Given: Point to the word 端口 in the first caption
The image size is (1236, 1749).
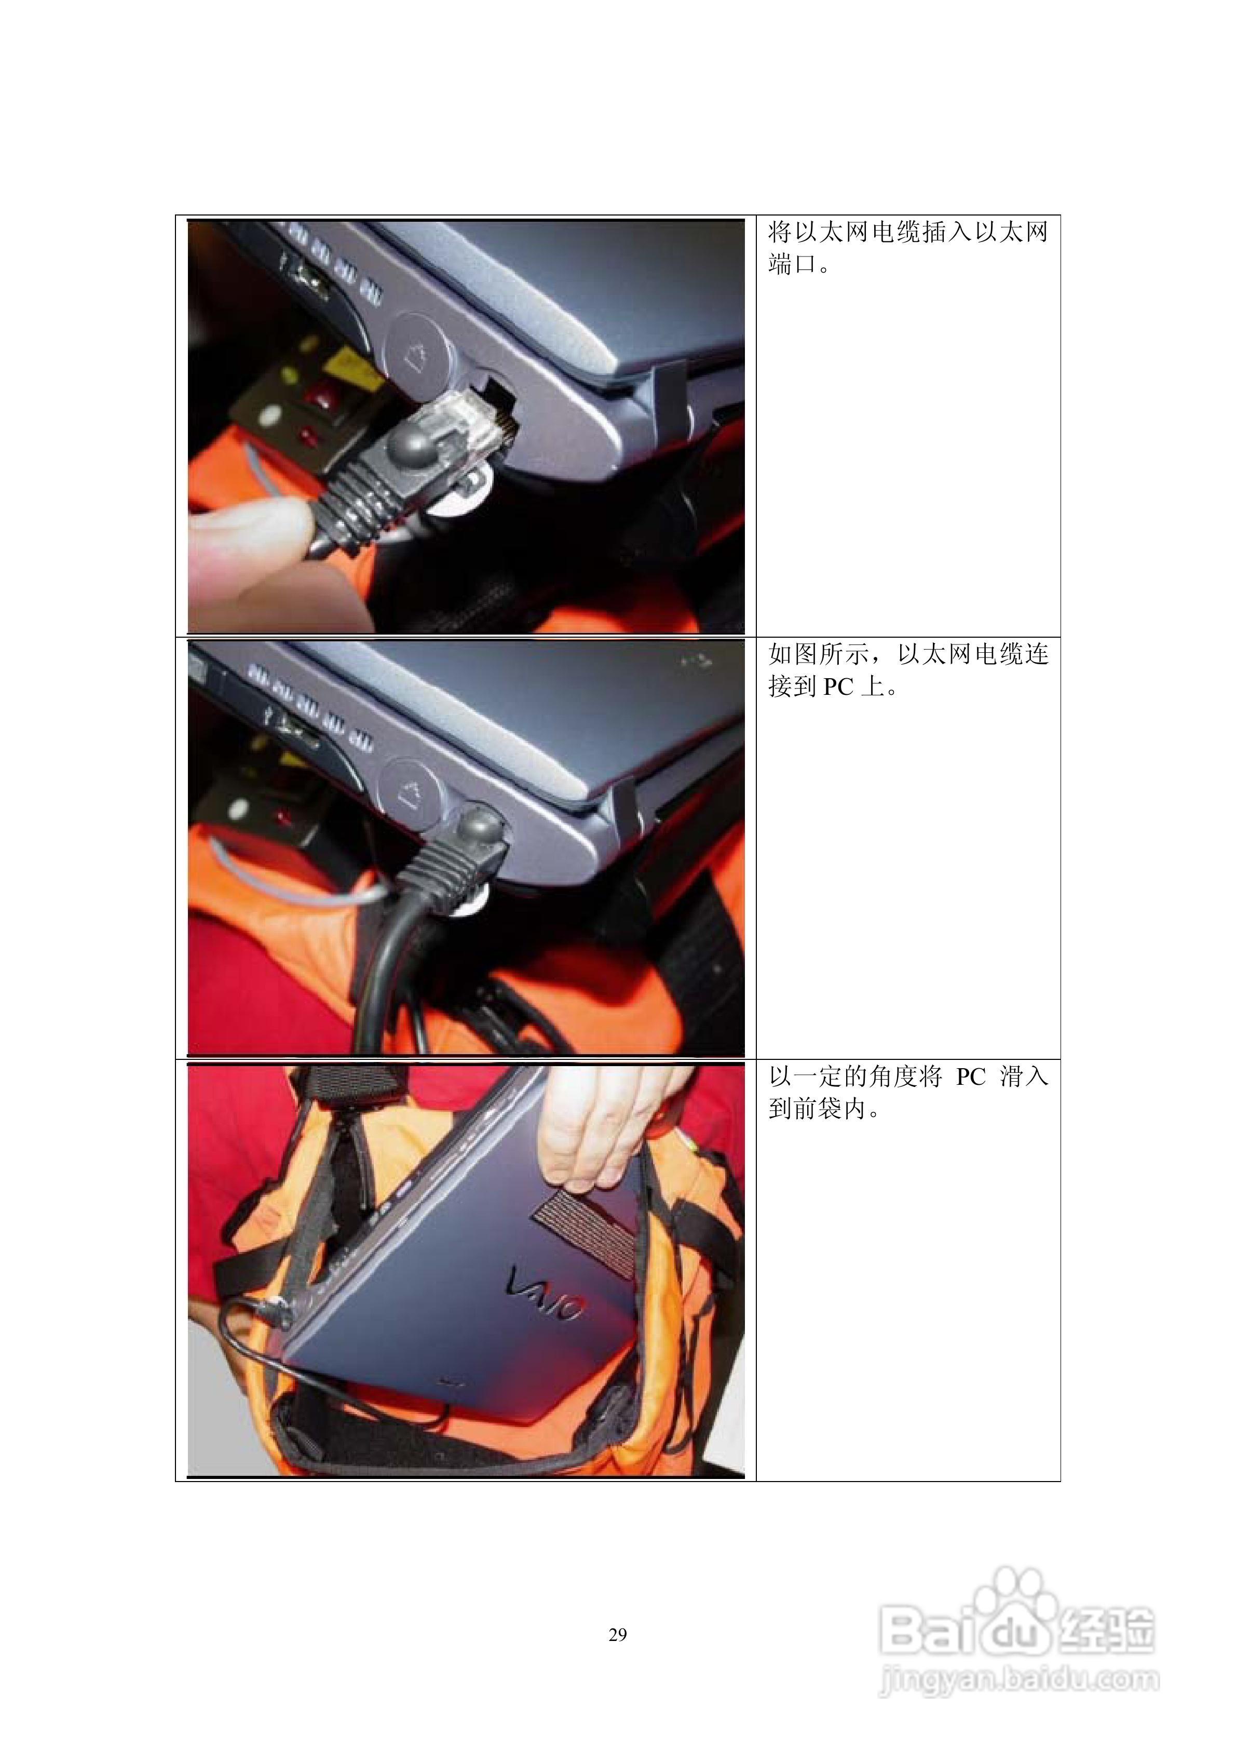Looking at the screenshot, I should click(792, 264).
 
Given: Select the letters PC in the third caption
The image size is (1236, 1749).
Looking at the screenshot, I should click(970, 1077).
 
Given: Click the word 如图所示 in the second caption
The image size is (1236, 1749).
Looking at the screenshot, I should click(819, 654).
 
